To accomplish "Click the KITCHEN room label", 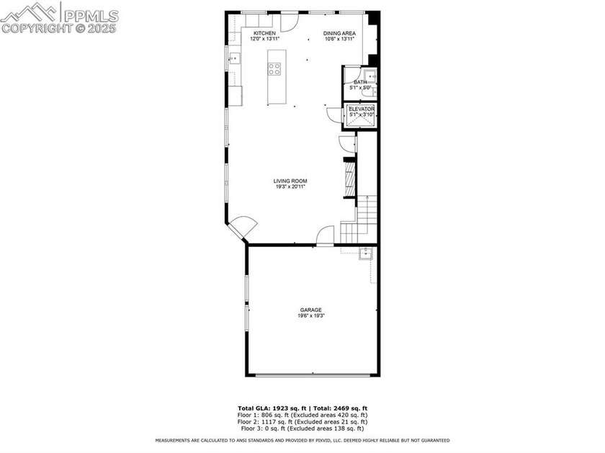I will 264,33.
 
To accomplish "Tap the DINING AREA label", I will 339,33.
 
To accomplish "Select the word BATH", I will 359,82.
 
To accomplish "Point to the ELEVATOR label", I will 362,109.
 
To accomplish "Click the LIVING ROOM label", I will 290,181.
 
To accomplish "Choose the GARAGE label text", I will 311,310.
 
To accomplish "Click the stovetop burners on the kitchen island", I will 274,69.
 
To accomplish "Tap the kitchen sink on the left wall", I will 233,60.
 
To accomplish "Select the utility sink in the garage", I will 365,253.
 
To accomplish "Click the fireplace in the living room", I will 349,178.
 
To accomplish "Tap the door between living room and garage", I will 326,236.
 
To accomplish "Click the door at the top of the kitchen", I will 287,21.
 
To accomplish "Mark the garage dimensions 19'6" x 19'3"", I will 311,316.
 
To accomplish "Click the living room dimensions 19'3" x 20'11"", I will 290,187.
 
